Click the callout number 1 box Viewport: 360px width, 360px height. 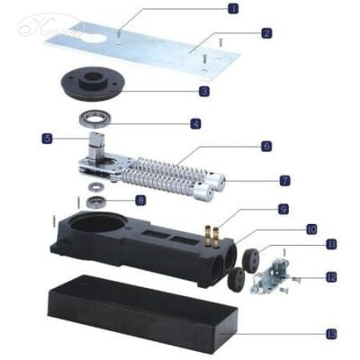coord(233,10)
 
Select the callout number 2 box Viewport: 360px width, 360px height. coord(266,33)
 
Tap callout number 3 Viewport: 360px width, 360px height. coord(204,92)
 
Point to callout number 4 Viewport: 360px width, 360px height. coord(195,123)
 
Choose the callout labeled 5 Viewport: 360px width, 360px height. coord(46,139)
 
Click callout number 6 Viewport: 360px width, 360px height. coord(266,145)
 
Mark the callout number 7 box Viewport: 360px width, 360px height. coord(283,179)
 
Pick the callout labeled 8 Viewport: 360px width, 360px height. coord(139,200)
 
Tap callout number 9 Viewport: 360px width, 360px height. coord(283,209)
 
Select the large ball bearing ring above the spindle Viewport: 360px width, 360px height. coord(94,117)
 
